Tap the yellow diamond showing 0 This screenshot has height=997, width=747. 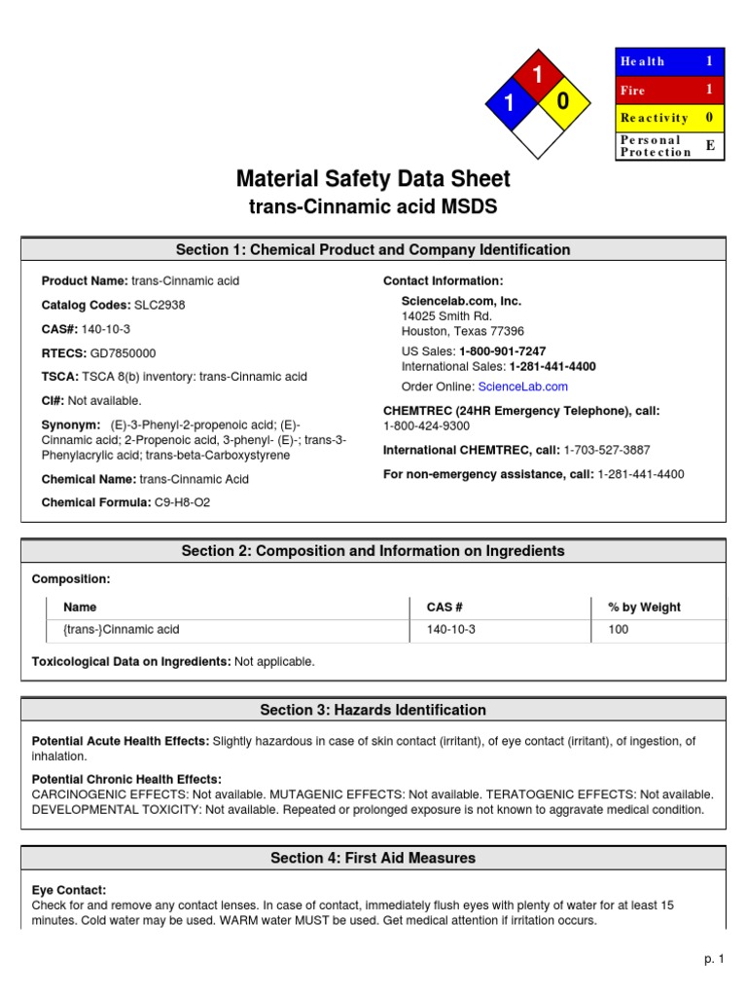562,101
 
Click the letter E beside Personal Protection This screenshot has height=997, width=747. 709,145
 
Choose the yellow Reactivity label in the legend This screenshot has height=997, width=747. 654,118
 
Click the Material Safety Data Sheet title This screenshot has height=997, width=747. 373,179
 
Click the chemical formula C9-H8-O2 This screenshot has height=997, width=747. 182,502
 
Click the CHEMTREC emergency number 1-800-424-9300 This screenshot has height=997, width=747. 426,425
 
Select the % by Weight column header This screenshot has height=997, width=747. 644,607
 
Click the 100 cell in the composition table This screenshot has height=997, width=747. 619,630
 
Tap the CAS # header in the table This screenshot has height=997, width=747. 445,607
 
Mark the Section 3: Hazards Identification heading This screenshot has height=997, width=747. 373,710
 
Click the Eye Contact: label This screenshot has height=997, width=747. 69,890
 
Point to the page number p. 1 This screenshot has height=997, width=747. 715,959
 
